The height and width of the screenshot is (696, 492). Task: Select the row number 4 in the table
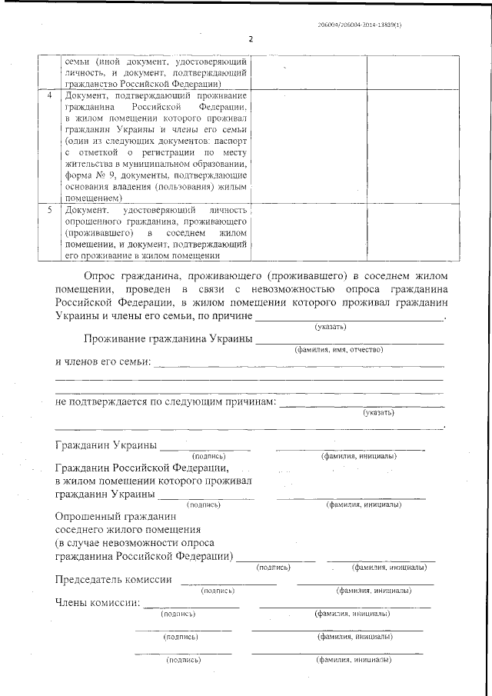click(50, 96)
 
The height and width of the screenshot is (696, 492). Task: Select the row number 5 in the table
click(50, 210)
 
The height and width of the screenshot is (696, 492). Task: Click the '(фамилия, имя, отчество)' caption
click(338, 350)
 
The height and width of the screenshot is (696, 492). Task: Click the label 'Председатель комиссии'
click(112, 579)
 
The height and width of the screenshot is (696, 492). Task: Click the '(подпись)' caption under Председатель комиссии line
click(217, 591)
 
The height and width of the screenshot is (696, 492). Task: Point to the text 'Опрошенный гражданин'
click(116, 517)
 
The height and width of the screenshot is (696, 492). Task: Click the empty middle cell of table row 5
click(307, 232)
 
